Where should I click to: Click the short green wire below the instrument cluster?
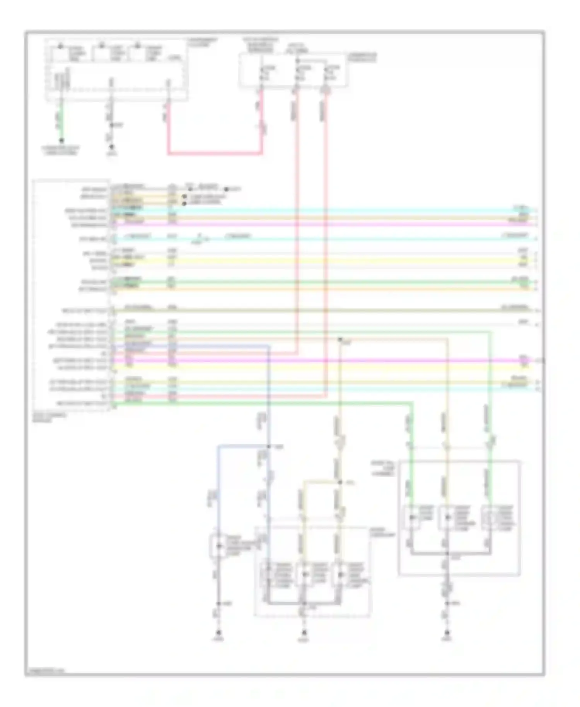point(61,120)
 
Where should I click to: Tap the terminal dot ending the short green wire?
point(61,140)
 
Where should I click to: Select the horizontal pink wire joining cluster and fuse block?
point(215,154)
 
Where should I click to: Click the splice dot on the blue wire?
point(269,447)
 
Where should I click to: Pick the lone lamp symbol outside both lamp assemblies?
point(218,546)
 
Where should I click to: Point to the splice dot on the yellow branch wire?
point(340,482)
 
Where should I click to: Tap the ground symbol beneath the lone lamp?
point(218,633)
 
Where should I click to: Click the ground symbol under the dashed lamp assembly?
point(304,633)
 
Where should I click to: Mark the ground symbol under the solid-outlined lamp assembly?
point(447,633)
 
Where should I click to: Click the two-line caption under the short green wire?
point(61,150)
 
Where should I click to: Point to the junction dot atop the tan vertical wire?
point(340,340)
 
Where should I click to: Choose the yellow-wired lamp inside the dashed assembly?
point(304,574)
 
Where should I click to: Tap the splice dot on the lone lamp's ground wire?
point(218,603)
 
